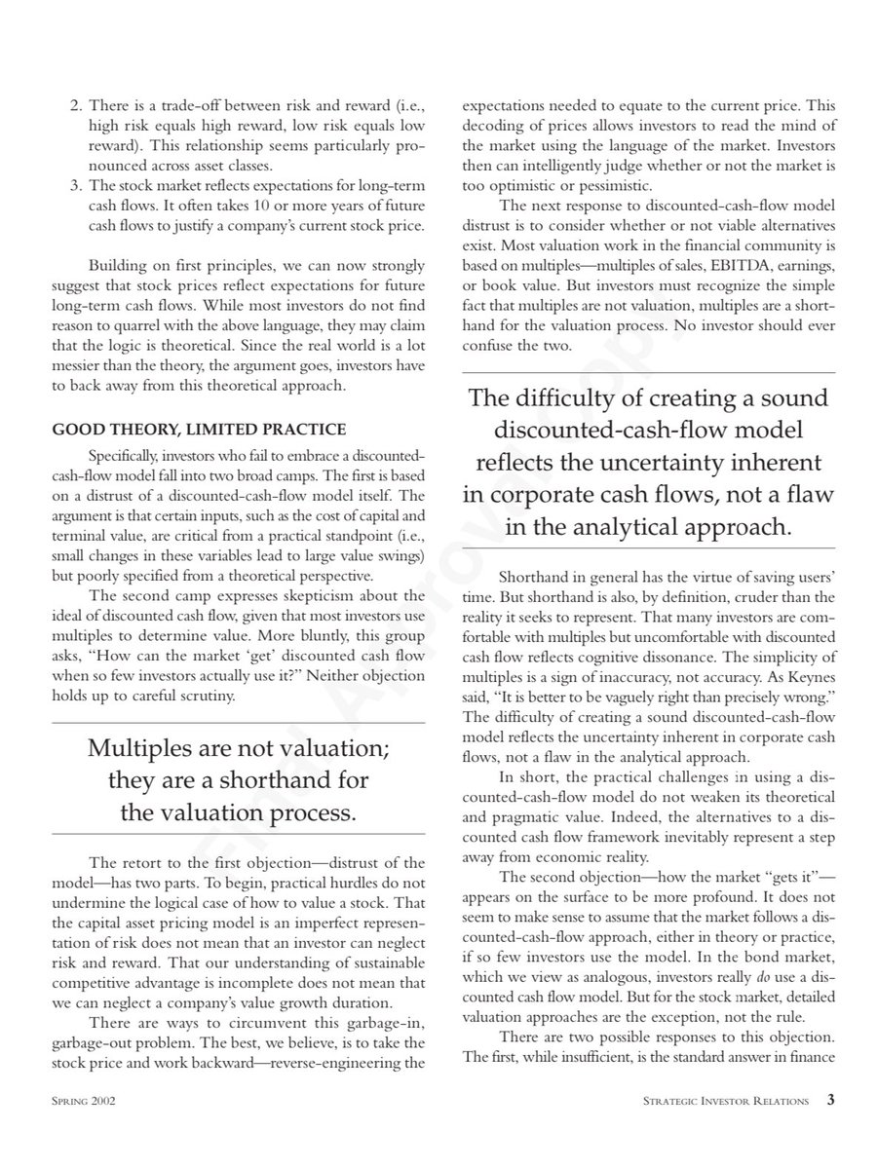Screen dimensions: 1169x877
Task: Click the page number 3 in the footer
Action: pos(829,1100)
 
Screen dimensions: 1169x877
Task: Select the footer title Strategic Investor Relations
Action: pos(727,1101)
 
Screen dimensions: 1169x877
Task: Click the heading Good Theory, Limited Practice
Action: pos(198,430)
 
